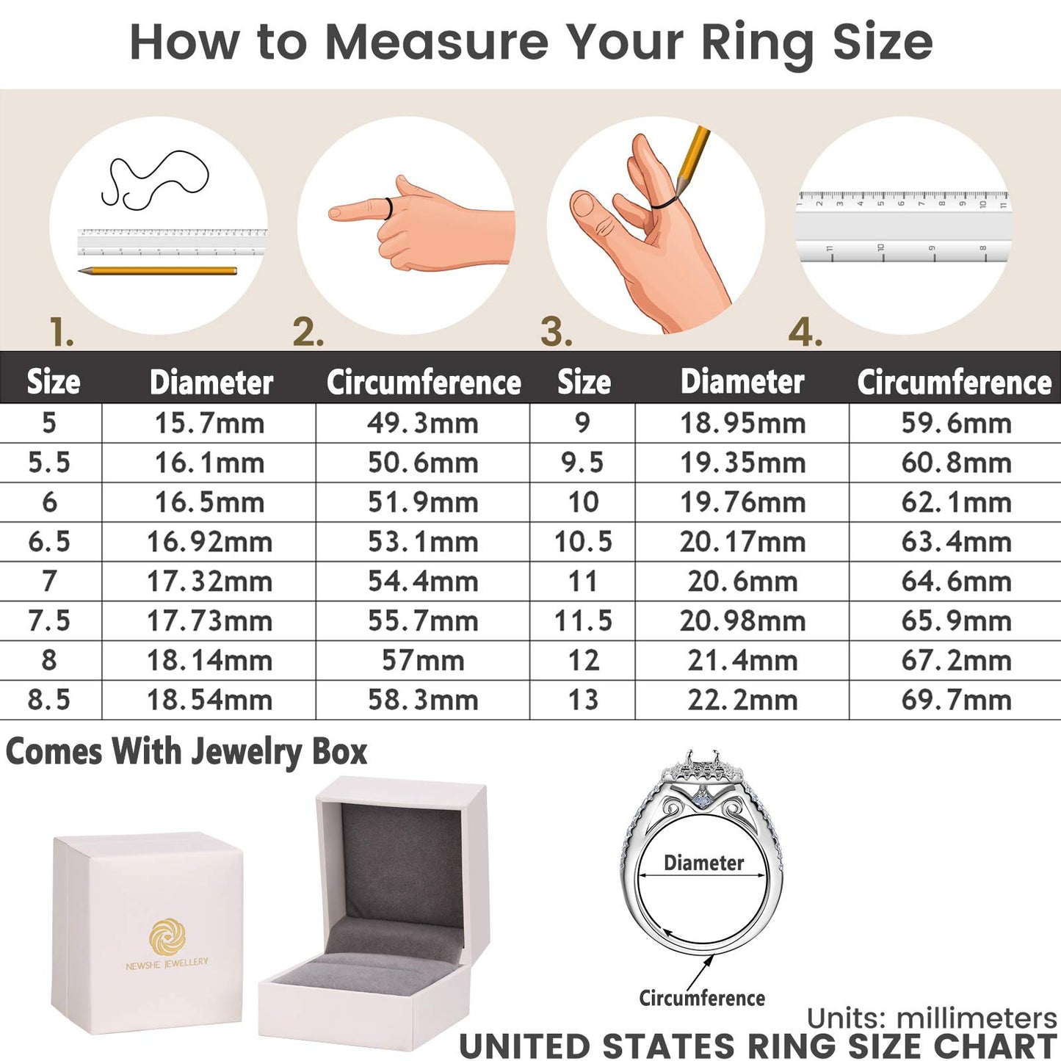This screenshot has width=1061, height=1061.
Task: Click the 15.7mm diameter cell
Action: tap(209, 424)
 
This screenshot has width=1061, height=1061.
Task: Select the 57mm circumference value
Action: tap(423, 661)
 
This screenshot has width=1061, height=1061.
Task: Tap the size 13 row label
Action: tap(583, 700)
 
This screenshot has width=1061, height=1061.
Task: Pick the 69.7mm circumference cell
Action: tap(956, 700)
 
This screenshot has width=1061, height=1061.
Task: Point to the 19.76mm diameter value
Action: tap(742, 503)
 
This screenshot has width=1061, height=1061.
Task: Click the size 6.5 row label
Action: tap(49, 543)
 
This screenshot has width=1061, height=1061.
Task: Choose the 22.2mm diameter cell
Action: tap(742, 700)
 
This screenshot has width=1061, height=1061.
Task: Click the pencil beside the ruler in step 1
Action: tap(158, 271)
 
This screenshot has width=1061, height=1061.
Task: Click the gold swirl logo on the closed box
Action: tap(167, 937)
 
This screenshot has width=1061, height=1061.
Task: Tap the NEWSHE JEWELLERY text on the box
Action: tap(167, 963)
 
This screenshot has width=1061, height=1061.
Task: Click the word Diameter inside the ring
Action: tap(703, 863)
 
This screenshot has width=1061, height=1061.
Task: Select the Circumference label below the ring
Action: tap(702, 999)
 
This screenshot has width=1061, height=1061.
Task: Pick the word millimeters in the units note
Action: tap(977, 1018)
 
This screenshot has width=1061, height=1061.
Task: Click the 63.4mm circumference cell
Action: tap(956, 543)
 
